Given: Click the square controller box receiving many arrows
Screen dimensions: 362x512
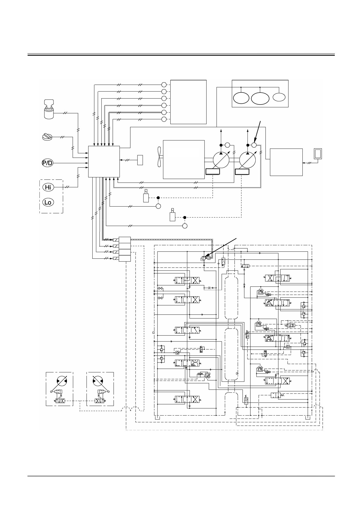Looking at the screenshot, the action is point(104,161).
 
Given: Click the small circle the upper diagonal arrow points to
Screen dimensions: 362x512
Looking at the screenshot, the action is point(254,145).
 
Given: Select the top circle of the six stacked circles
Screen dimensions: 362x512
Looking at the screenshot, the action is point(164,85).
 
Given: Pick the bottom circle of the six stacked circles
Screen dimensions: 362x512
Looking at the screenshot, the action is point(164,119).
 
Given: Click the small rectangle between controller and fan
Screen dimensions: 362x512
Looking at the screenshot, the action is point(140,160).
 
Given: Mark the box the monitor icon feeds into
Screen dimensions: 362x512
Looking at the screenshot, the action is point(286,162).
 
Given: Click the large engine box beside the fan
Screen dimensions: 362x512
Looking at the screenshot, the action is point(184,159).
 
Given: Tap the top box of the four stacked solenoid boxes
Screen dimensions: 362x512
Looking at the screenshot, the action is point(124,240).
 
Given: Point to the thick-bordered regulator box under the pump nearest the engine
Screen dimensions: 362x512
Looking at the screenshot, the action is point(213,172).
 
